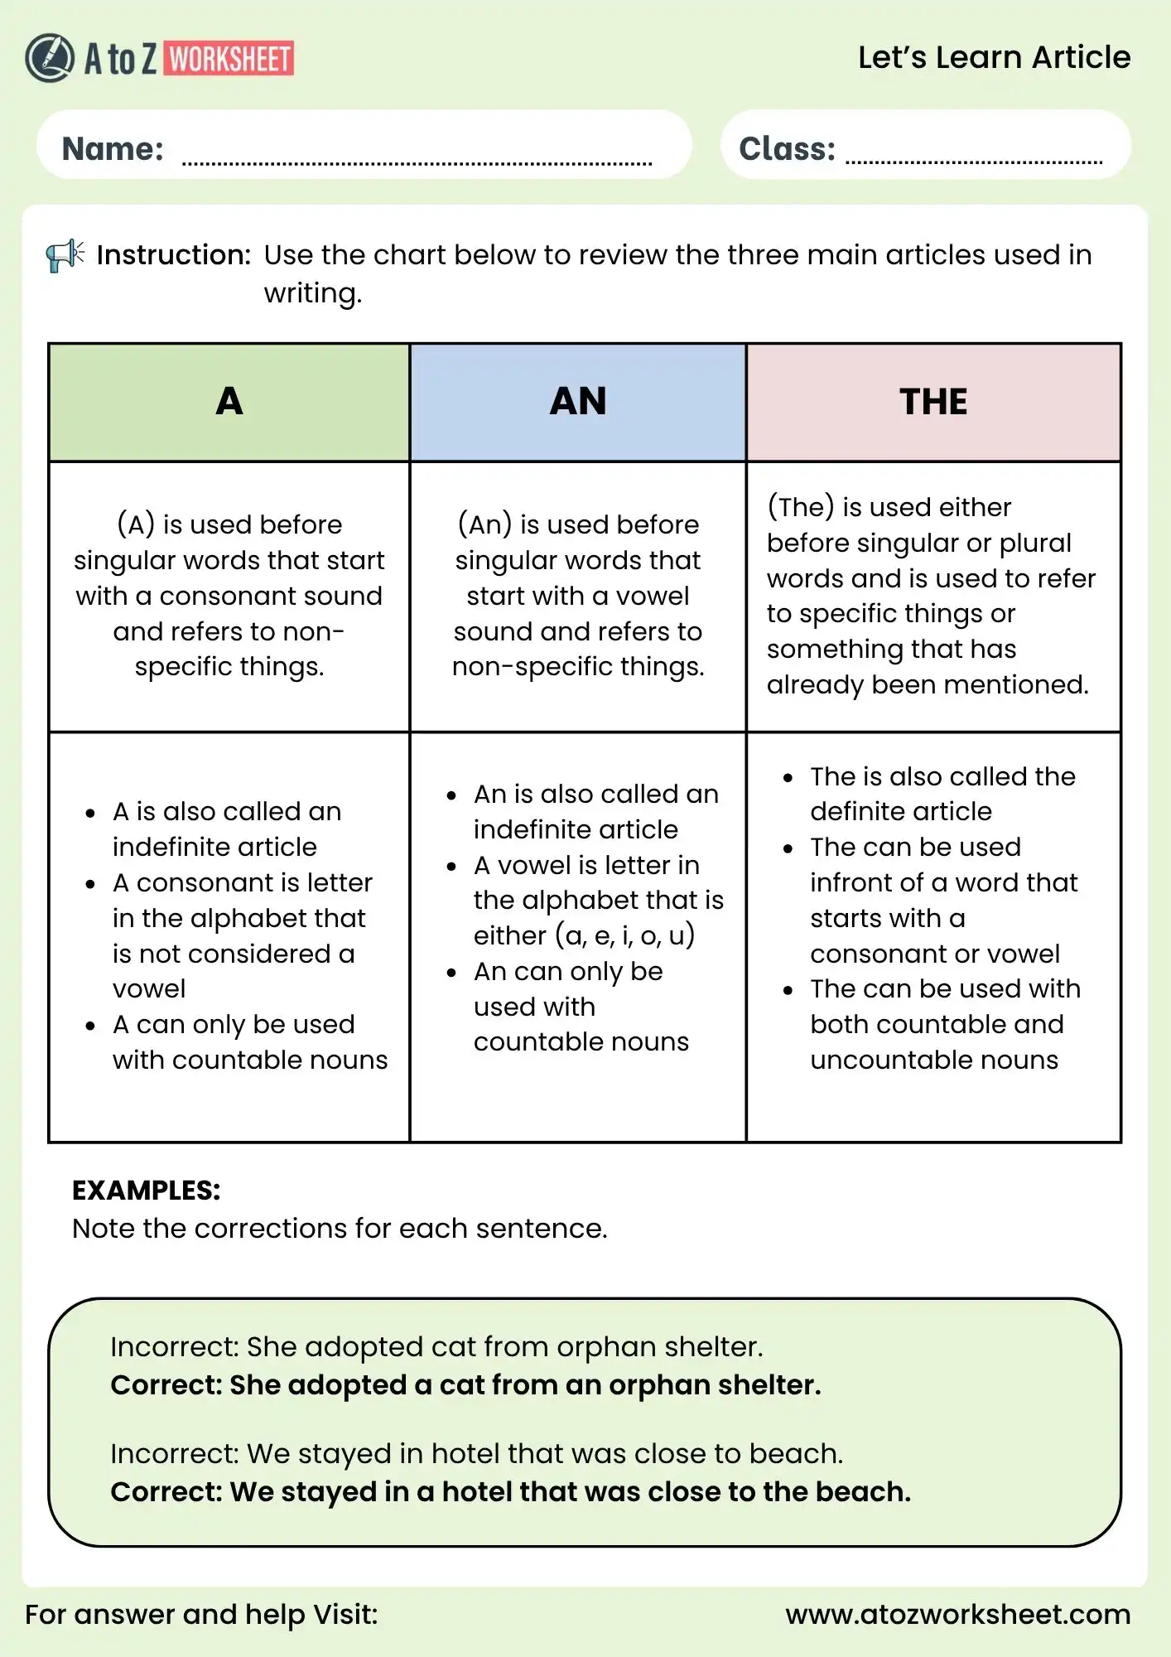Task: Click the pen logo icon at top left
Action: [50, 58]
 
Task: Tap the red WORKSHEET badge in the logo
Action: [230, 59]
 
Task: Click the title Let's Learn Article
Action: [994, 57]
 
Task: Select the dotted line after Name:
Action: [417, 162]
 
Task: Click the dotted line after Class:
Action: [974, 161]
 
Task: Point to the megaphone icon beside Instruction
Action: [65, 255]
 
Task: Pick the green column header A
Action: [229, 402]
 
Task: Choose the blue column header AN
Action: [578, 402]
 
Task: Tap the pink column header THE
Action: [933, 402]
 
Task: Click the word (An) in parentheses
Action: [485, 524]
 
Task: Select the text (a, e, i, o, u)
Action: [625, 935]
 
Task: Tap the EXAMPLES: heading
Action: [147, 1190]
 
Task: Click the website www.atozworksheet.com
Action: [958, 1614]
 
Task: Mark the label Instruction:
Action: [174, 255]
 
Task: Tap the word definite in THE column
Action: [856, 811]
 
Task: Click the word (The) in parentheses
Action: [801, 507]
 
